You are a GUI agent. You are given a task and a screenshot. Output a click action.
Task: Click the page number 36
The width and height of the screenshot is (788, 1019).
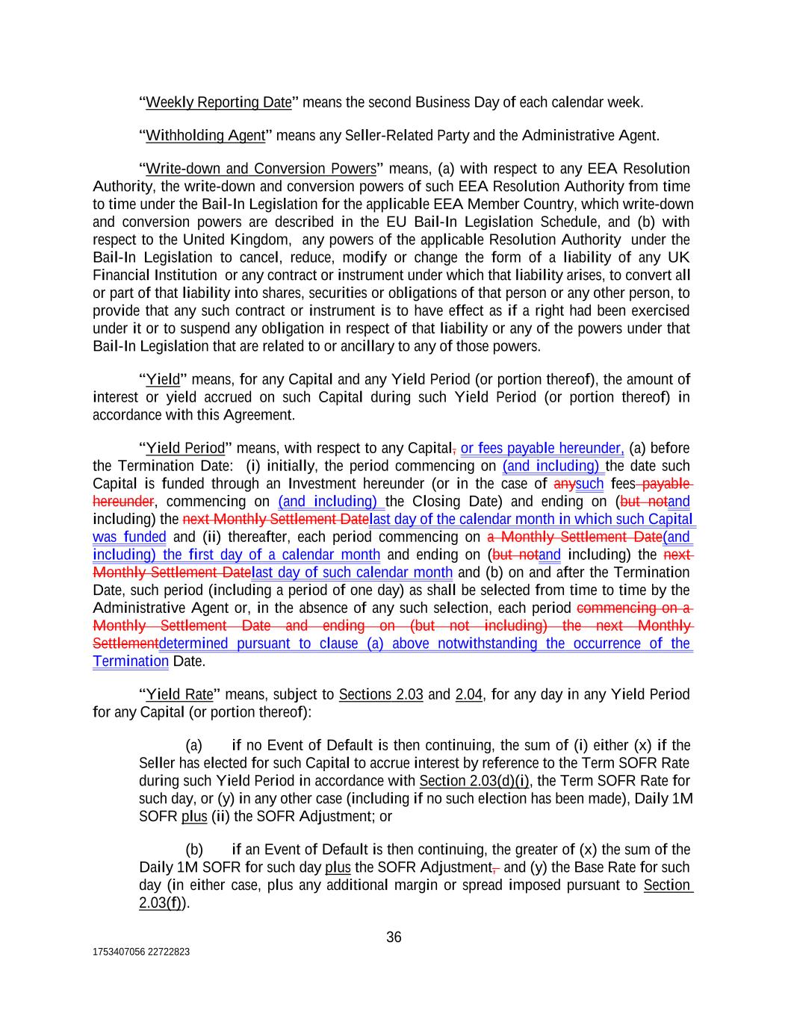(x=394, y=937)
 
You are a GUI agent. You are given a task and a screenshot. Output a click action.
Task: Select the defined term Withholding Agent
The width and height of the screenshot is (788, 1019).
(x=205, y=135)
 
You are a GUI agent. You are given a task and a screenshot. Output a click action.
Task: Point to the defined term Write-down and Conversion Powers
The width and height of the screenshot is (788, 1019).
(x=261, y=169)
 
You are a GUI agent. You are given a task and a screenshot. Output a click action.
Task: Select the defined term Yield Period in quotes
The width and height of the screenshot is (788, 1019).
(x=184, y=448)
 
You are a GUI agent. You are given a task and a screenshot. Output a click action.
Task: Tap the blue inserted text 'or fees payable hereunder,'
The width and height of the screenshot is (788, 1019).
(x=542, y=448)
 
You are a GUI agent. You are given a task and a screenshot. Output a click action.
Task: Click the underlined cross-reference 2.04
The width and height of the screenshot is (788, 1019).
(x=468, y=694)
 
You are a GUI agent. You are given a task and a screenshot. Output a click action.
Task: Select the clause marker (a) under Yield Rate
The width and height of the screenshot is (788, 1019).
(x=193, y=745)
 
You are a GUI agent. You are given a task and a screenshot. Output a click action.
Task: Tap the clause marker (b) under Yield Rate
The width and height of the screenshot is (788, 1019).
(x=194, y=850)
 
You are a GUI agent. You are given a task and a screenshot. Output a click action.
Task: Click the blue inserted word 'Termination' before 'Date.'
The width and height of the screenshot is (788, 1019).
(x=131, y=661)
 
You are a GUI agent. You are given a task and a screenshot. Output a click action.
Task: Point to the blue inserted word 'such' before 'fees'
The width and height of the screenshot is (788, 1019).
(x=589, y=484)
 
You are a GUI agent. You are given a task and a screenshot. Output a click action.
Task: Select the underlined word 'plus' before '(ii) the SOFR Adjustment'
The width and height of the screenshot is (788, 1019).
(x=194, y=816)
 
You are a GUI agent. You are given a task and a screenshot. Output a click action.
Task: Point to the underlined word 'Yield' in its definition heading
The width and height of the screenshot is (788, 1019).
(x=163, y=379)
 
